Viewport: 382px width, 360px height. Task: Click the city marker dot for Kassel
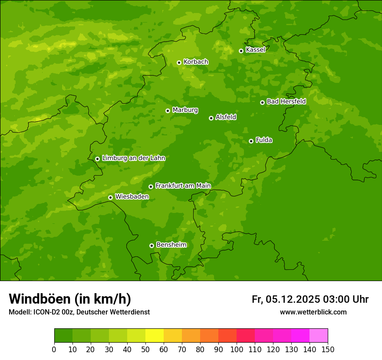pyautogui.click(x=241, y=51)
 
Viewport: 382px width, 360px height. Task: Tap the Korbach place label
pyautogui.click(x=196, y=62)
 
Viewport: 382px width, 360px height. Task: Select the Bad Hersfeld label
pyautogui.click(x=286, y=101)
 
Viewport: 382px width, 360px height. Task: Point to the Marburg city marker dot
pyautogui.click(x=168, y=111)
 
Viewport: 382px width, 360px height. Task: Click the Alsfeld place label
pyautogui.click(x=226, y=117)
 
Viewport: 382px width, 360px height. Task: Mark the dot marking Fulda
pyautogui.click(x=251, y=141)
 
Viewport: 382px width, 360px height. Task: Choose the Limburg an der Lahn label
pyautogui.click(x=133, y=158)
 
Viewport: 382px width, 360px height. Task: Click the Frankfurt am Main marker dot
pyautogui.click(x=151, y=187)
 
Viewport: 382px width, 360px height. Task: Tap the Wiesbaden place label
pyautogui.click(x=132, y=196)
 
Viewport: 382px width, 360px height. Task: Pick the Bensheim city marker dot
pyautogui.click(x=151, y=245)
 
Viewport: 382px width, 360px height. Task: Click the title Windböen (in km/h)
pyautogui.click(x=70, y=299)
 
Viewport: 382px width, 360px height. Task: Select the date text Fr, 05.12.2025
pyautogui.click(x=286, y=299)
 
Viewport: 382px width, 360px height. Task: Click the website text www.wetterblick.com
pyautogui.click(x=313, y=312)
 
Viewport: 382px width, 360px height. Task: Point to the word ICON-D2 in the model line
pyautogui.click(x=46, y=312)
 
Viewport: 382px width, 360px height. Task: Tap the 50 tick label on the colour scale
pyautogui.click(x=145, y=349)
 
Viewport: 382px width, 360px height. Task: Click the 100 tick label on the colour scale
pyautogui.click(x=237, y=349)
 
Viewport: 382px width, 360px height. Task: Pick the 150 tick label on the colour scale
pyautogui.click(x=328, y=349)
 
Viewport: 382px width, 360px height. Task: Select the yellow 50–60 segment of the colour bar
pyautogui.click(x=155, y=335)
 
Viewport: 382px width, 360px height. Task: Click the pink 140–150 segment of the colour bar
pyautogui.click(x=319, y=335)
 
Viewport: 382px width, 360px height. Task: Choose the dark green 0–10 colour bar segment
pyautogui.click(x=63, y=335)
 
